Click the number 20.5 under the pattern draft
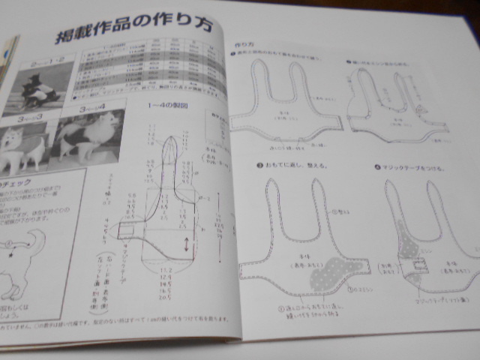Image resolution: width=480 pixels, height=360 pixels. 164,298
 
